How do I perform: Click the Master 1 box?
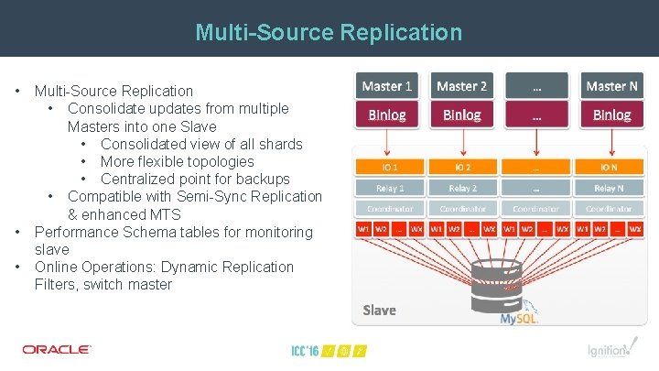(387, 86)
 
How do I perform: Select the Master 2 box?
(462, 86)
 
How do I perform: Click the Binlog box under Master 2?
(462, 115)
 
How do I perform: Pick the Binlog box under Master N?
(611, 115)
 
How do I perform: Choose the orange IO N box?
(609, 168)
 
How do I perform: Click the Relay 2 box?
(462, 188)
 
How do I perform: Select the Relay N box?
(609, 188)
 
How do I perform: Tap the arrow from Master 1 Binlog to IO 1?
(387, 142)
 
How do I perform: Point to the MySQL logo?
(519, 317)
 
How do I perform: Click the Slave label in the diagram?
(380, 310)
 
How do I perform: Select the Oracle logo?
(57, 349)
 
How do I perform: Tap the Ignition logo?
(609, 350)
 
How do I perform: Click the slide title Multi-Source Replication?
(329, 34)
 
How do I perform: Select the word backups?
(261, 179)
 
